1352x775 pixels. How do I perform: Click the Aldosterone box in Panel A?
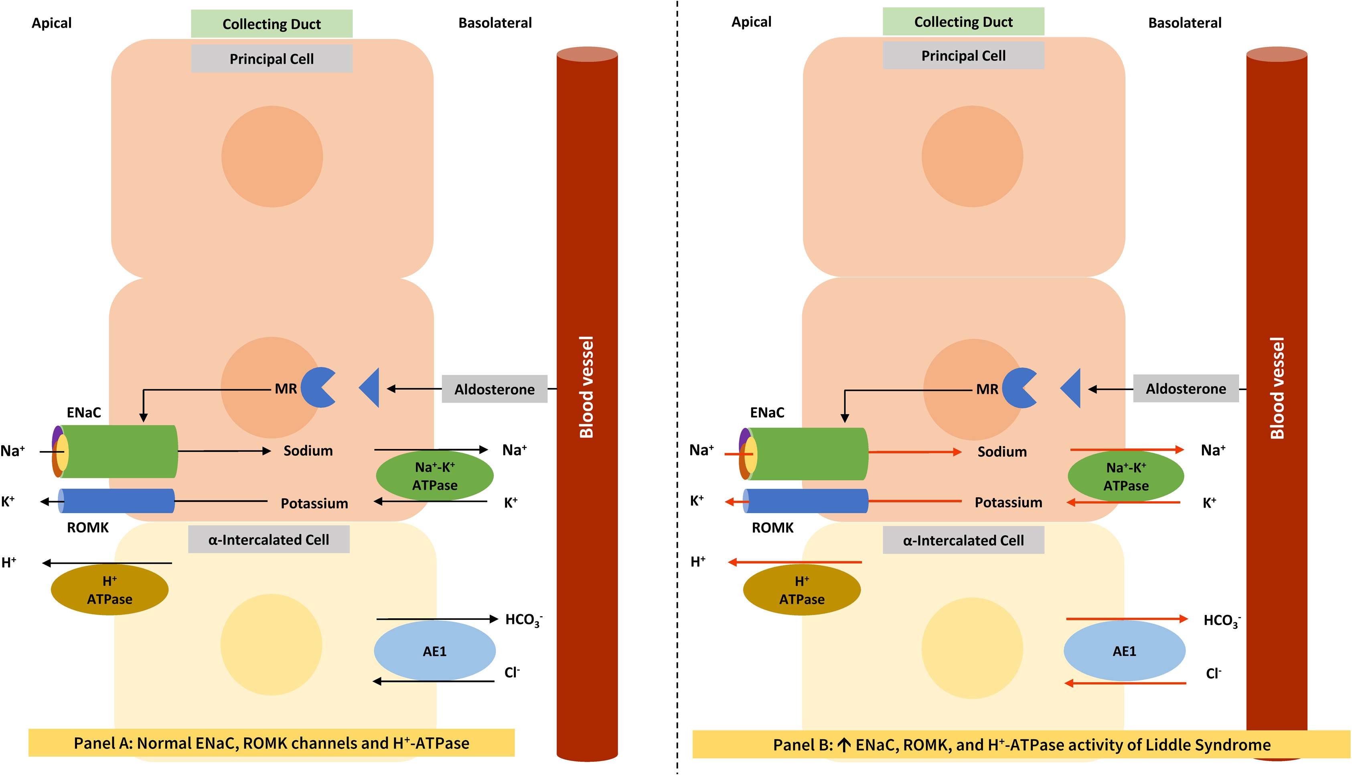[x=494, y=389]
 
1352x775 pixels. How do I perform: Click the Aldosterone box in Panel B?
[x=1186, y=389]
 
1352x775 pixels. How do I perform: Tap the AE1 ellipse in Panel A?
[x=434, y=651]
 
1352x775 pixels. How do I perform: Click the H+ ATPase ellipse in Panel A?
[x=109, y=590]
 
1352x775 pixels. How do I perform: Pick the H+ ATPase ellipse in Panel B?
[x=802, y=590]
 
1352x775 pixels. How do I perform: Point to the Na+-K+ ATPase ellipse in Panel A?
[x=434, y=476]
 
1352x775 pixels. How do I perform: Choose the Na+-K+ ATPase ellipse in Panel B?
[x=1126, y=476]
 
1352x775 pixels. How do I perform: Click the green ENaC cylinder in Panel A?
[x=122, y=451]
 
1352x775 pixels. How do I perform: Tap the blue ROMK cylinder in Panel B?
[x=807, y=501]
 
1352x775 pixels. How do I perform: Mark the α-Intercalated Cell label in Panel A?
[x=269, y=540]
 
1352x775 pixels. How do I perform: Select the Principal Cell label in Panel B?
[x=963, y=56]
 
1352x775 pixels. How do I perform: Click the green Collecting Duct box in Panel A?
[x=272, y=24]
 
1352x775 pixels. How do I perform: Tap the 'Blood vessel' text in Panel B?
[x=1277, y=388]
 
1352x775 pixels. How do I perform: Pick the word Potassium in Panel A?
[x=314, y=504]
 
